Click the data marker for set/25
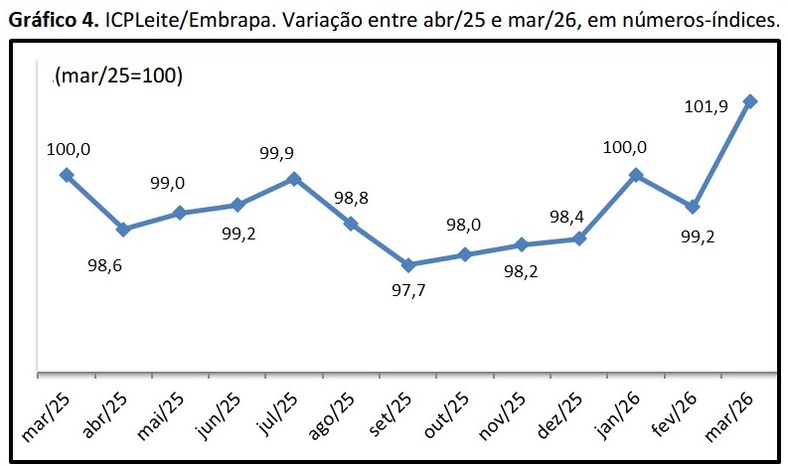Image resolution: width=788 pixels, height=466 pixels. click(408, 265)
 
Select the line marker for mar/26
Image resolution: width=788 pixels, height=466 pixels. click(750, 101)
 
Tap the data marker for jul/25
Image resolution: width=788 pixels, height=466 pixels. click(294, 179)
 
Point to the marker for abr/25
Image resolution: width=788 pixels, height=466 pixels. click(123, 230)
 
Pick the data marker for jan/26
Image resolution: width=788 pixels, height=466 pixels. click(636, 175)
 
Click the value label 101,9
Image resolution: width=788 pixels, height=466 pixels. click(707, 106)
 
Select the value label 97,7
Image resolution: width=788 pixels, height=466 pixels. click(408, 290)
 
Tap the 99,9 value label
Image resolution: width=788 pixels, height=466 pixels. click(277, 153)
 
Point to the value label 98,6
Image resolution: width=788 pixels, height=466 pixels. click(104, 265)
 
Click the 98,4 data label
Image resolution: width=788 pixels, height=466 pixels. click(566, 217)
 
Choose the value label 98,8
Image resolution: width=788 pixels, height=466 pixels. click(352, 198)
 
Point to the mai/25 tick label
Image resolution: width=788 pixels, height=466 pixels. click(161, 416)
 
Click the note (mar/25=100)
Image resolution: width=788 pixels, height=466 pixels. click(118, 76)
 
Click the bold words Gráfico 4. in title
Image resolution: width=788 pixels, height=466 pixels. click(54, 21)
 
